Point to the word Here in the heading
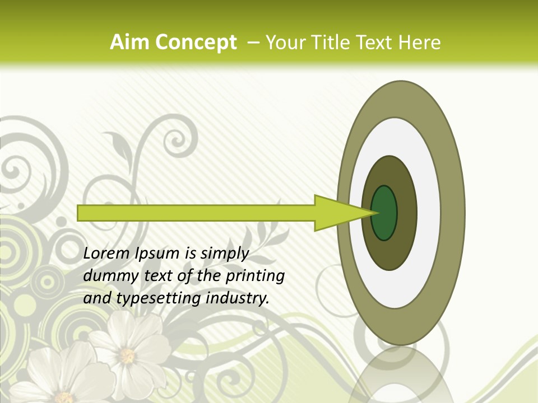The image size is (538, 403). click(x=420, y=42)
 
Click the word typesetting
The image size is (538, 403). click(x=159, y=299)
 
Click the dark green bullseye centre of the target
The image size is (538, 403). click(x=384, y=213)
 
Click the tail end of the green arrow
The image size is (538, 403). click(x=80, y=213)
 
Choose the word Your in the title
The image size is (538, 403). click(x=285, y=42)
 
